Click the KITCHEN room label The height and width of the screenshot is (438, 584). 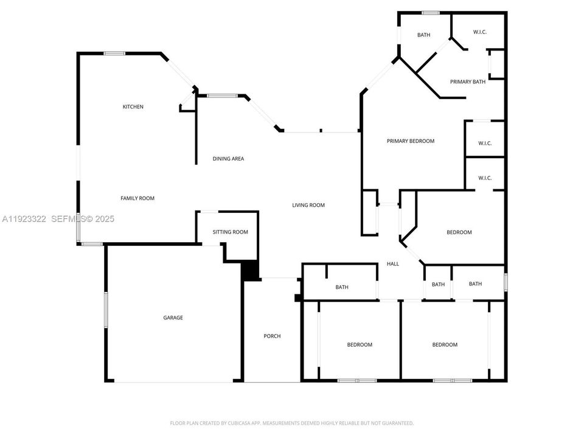133,107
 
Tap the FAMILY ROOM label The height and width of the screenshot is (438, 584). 137,198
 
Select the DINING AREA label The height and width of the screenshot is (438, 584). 228,159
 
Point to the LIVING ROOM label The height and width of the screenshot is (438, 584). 308,205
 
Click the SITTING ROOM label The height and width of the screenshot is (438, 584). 230,232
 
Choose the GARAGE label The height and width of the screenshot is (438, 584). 173,318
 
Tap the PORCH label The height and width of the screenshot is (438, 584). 272,336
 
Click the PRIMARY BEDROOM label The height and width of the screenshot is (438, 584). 411,141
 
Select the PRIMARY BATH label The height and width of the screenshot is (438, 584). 467,82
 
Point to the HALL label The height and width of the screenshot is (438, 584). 393,264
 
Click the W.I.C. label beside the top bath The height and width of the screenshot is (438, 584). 480,33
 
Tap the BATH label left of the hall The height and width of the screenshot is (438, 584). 342,287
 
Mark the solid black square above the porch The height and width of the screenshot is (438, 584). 249,271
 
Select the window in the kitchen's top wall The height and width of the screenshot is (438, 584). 114,54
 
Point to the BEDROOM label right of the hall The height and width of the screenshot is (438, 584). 459,232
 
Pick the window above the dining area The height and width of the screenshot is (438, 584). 221,96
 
